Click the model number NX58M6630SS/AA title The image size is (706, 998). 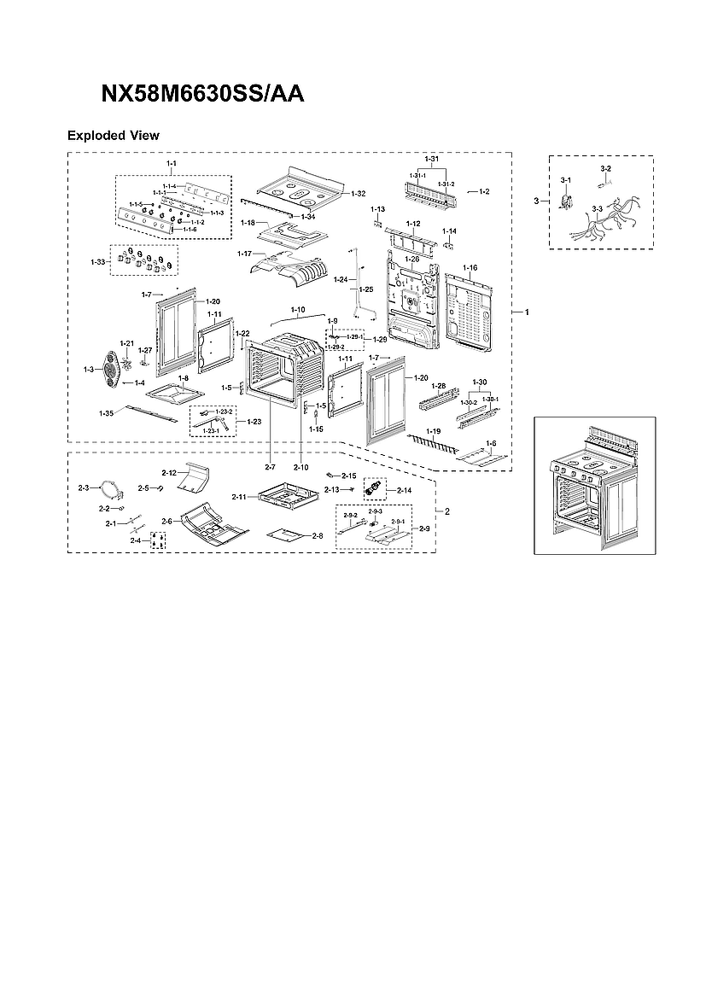tap(202, 95)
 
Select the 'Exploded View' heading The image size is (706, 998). tap(114, 136)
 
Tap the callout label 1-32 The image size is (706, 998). tap(358, 194)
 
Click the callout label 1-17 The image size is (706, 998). tap(244, 254)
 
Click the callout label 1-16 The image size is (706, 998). tap(470, 268)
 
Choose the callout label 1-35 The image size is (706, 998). tap(106, 413)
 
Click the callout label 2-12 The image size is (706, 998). tap(169, 472)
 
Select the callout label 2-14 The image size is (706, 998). tap(403, 490)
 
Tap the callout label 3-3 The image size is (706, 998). tap(597, 208)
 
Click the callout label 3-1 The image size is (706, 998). tap(565, 180)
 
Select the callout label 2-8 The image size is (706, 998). tap(317, 535)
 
